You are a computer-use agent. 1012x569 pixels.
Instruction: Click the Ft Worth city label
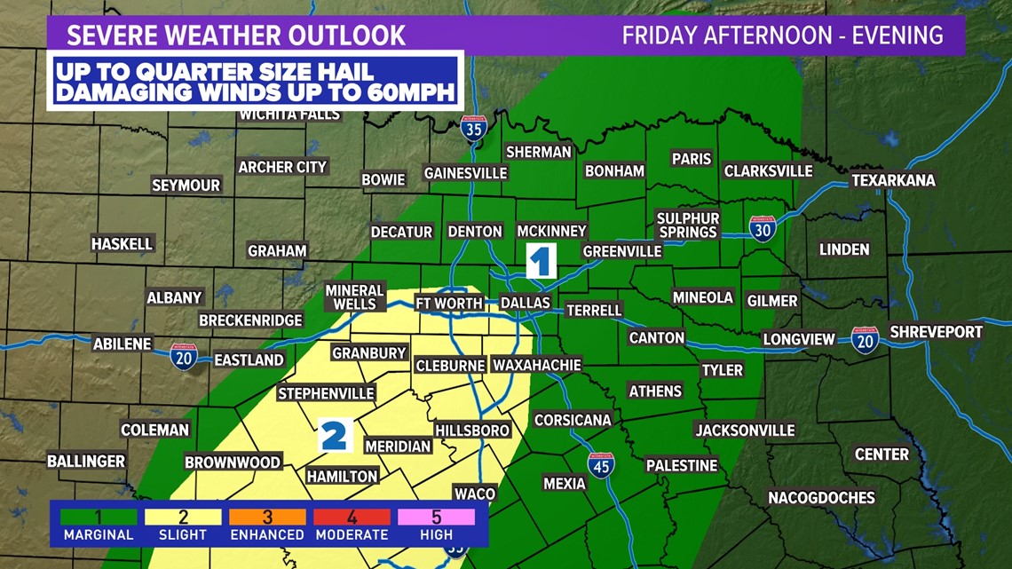[x=449, y=304]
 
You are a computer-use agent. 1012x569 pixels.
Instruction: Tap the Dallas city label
[x=526, y=304]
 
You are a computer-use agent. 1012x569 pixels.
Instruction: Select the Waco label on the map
[x=474, y=494]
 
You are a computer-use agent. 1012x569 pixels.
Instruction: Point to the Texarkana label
[x=893, y=180]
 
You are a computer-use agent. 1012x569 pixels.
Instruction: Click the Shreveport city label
[x=936, y=332]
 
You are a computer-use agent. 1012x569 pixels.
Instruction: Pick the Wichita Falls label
[x=289, y=115]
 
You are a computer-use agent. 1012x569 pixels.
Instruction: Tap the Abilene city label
[x=123, y=344]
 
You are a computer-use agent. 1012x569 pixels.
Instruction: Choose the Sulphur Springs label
[x=687, y=225]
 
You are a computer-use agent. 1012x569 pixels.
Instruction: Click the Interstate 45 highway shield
[x=601, y=465]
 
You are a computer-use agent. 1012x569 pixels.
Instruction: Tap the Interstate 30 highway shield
[x=762, y=229]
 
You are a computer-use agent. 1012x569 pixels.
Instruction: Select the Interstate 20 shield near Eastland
[x=184, y=356]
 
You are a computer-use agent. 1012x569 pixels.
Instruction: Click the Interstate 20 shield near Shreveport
[x=864, y=340]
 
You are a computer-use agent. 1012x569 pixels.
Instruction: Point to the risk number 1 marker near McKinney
[x=541, y=261]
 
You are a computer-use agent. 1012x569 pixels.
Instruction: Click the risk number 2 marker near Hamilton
[x=334, y=436]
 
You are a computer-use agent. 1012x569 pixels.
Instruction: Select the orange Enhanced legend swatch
[x=267, y=517]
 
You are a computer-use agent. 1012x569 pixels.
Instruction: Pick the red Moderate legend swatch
[x=352, y=517]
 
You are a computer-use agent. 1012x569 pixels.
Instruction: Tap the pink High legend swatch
[x=437, y=517]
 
